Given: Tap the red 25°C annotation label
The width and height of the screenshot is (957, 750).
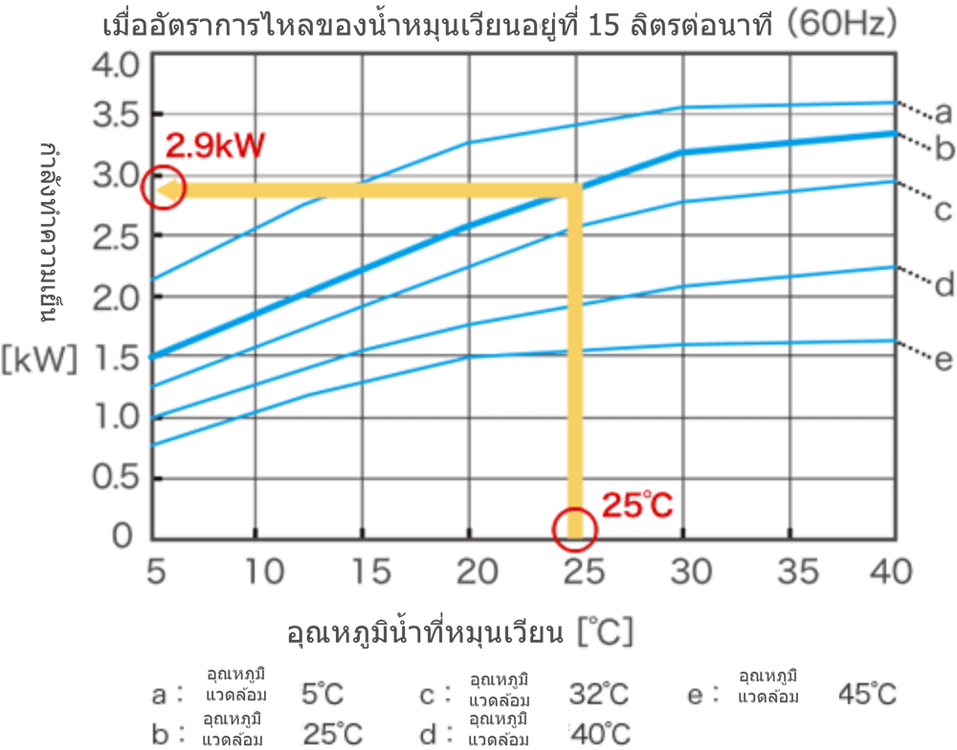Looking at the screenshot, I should pyautogui.click(x=638, y=504).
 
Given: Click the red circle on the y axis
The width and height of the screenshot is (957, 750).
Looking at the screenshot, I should pyautogui.click(x=158, y=189).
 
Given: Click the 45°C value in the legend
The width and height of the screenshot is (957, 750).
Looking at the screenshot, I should pyautogui.click(x=868, y=694).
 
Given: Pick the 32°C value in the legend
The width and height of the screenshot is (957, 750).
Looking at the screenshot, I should pyautogui.click(x=599, y=694).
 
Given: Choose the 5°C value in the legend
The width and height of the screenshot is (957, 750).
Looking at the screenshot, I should pyautogui.click(x=321, y=694).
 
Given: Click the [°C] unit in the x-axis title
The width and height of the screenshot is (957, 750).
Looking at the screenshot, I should pyautogui.click(x=605, y=632).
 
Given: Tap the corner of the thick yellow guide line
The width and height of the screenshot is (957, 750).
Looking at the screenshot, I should pyautogui.click(x=574, y=190).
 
